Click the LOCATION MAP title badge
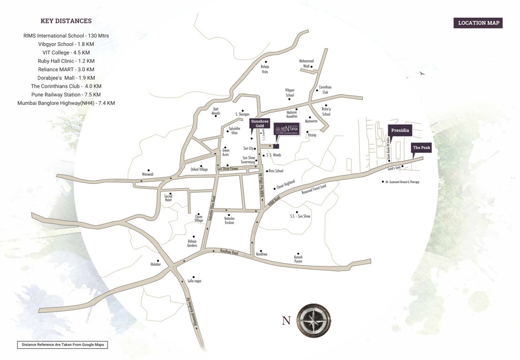pyautogui.click(x=478, y=23)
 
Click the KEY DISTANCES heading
pyautogui.click(x=66, y=21)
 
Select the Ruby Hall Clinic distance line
pyautogui.click(x=66, y=61)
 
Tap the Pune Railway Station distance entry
pyautogui.click(x=66, y=95)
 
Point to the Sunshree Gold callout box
pyautogui.click(x=260, y=124)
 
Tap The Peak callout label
pyautogui.click(x=421, y=148)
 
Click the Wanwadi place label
pyautogui.click(x=148, y=174)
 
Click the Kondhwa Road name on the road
pyautogui.click(x=229, y=253)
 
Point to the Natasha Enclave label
pyautogui.click(x=229, y=220)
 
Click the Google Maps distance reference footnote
pyautogui.click(x=62, y=345)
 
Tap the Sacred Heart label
pyautogui.click(x=168, y=198)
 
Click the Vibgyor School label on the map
pyautogui.click(x=290, y=92)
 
